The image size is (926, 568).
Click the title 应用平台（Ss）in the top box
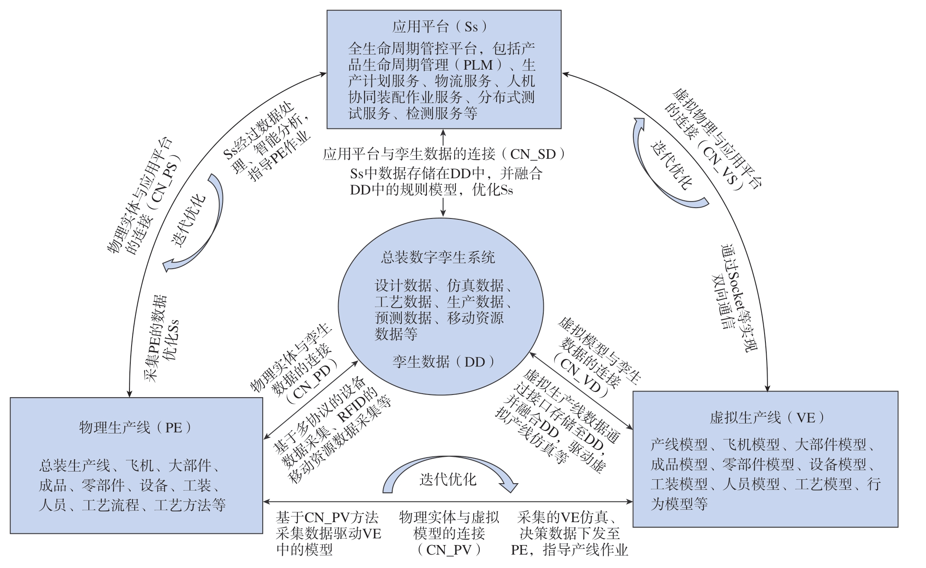[440, 27]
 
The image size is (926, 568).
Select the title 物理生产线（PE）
[135, 427]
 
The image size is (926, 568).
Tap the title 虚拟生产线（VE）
[766, 417]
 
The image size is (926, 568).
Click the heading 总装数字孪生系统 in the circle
[438, 257]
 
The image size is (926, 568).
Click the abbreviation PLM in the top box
[478, 65]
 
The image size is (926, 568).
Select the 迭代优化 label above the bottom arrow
[448, 479]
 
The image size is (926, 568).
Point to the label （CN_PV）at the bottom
[448, 550]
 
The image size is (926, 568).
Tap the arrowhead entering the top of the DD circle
[443, 213]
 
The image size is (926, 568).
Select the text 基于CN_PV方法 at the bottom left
[327, 517]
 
